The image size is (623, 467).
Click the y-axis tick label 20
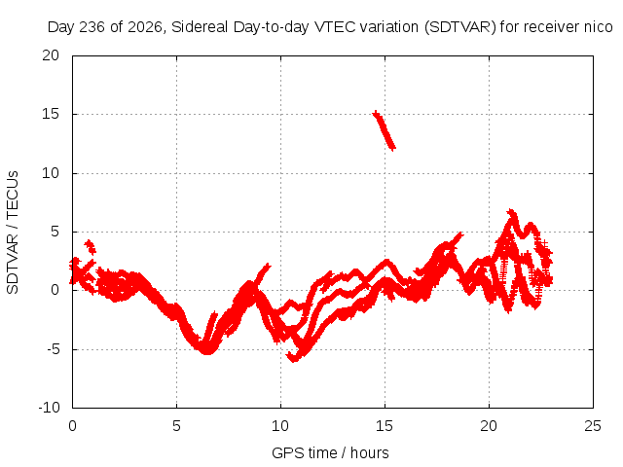51,55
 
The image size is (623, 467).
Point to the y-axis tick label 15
51,115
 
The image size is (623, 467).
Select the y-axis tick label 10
51,173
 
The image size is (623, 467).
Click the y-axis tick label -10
49,408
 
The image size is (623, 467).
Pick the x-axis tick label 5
176,426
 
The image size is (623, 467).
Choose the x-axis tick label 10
280,426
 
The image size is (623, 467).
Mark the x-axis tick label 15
385,426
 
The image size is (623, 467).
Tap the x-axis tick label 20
489,426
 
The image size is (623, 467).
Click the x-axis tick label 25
593,426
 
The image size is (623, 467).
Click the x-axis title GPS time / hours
330,453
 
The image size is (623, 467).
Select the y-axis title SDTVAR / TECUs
13,233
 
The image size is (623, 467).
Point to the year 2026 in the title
145,27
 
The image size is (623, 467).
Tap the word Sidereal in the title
200,27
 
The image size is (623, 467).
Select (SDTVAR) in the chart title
460,27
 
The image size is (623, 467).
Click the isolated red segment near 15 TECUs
384,130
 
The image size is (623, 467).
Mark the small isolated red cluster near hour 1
91,247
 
